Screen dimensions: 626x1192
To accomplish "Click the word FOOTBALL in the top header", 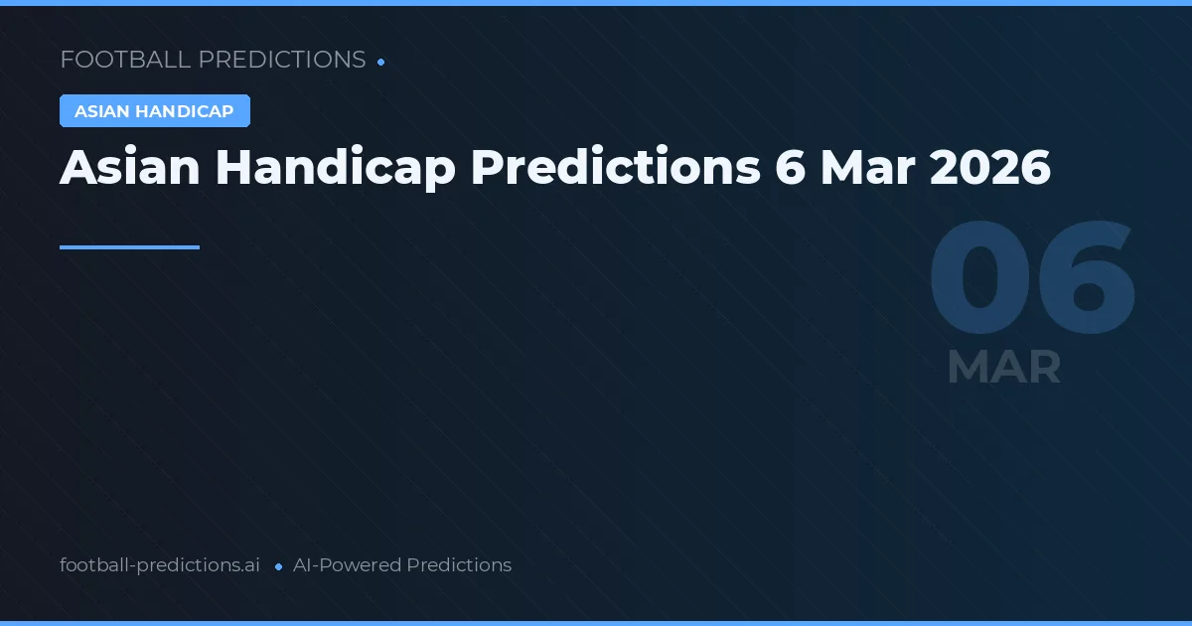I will coord(125,60).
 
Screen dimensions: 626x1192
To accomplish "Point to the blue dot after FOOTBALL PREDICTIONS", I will coord(381,62).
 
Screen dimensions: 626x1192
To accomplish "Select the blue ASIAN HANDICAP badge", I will coord(155,111).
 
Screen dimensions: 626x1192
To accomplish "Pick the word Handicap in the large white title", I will coord(335,168).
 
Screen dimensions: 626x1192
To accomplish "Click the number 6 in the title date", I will coord(791,168).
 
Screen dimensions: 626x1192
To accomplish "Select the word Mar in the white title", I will coord(867,168).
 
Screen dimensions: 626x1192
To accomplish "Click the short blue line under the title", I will coord(129,247).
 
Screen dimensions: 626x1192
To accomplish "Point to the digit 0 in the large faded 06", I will coord(977,280).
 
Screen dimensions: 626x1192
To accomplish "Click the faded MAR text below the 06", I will coord(1004,368).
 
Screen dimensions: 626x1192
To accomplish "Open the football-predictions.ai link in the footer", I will coord(160,565).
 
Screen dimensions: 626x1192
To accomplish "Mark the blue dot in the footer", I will coord(279,566).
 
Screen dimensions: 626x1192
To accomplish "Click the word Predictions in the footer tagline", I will coord(459,565).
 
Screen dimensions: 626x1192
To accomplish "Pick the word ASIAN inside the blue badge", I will coord(102,111).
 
